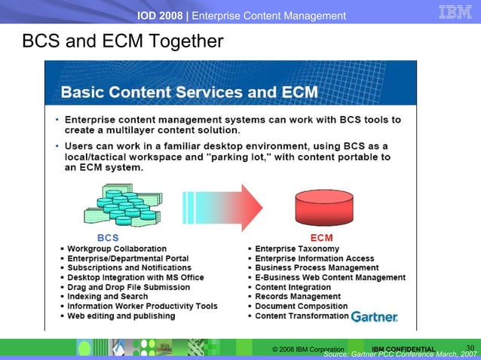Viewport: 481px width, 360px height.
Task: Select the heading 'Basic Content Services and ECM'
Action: pyautogui.click(x=189, y=93)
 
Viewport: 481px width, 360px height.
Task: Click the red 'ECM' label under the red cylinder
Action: pyautogui.click(x=322, y=238)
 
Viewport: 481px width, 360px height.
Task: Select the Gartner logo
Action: pyautogui.click(x=375, y=316)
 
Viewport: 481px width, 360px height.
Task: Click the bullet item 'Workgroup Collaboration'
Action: pyautogui.click(x=117, y=249)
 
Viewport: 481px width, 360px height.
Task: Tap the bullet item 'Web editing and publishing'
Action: pyautogui.click(x=121, y=316)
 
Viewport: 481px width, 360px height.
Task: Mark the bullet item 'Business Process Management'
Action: pyautogui.click(x=317, y=267)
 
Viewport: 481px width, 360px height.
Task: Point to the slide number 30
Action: pyautogui.click(x=470, y=347)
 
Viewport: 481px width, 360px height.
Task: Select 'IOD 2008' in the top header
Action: pyautogui.click(x=159, y=16)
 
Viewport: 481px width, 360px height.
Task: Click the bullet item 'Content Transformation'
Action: pyautogui.click(x=302, y=316)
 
